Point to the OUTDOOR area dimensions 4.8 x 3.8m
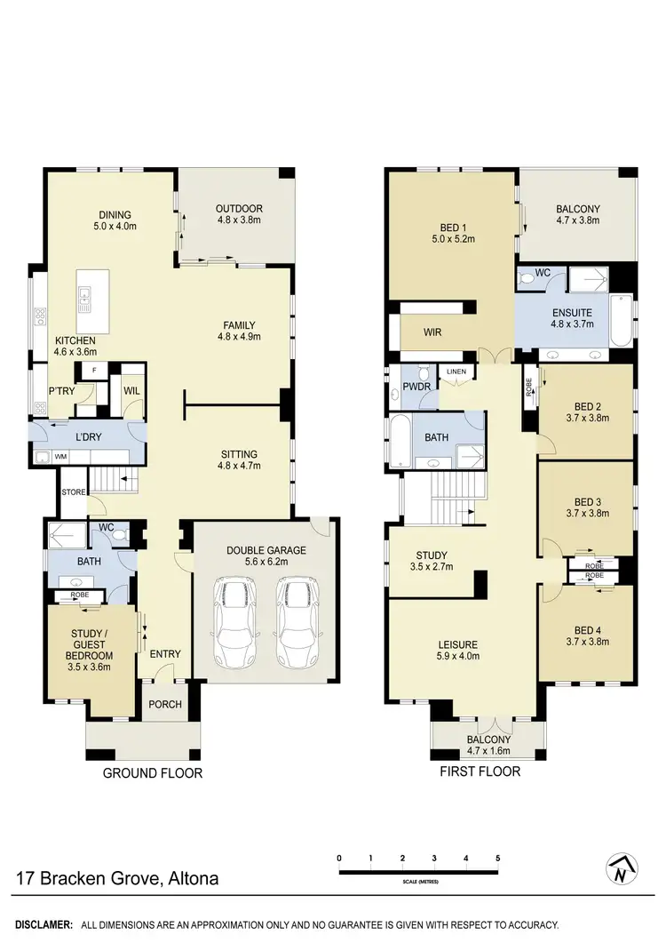239,222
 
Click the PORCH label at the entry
165,705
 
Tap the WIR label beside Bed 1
432,332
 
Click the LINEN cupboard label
456,372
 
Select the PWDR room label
416,387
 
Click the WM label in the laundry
61,456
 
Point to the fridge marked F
94,370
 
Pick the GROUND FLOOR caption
153,773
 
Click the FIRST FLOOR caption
480,771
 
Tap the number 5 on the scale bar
498,858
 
